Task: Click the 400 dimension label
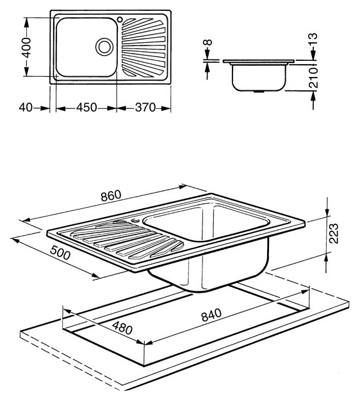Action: [26, 47]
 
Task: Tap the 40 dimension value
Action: [26, 108]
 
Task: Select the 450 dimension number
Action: [86, 108]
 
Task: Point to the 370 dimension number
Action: [145, 108]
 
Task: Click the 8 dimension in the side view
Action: [208, 42]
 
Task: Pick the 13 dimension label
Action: [313, 39]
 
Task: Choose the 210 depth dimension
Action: [313, 78]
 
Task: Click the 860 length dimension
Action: [111, 195]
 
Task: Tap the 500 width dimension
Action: [60, 252]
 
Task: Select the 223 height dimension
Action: [334, 233]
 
